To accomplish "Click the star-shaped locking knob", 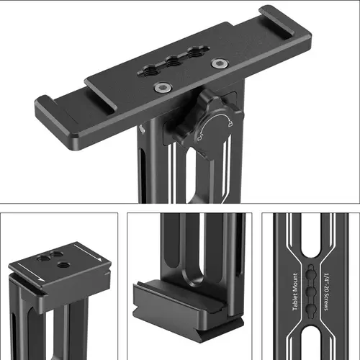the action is [209, 122].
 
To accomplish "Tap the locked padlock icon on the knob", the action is [230, 123].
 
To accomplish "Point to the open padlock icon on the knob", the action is [199, 138].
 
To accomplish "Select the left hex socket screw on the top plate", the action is [163, 87].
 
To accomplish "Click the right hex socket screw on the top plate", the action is [220, 63].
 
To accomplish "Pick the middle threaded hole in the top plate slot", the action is [174, 63].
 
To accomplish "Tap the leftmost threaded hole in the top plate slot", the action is [150, 71].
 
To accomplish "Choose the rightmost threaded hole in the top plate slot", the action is [196, 53].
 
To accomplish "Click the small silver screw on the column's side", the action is [143, 129].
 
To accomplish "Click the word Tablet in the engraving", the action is [295, 300].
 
